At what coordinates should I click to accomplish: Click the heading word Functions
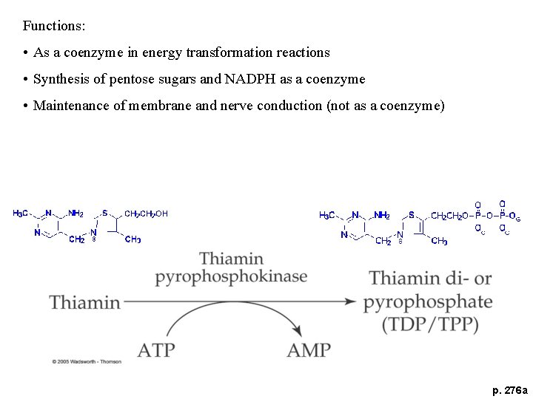tap(54, 26)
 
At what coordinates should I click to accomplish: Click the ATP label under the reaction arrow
tap(156, 349)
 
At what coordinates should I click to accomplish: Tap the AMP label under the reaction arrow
tap(309, 349)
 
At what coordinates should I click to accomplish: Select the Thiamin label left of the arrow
tap(84, 302)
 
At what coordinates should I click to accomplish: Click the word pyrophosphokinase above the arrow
tap(231, 277)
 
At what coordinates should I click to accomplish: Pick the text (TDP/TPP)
tap(430, 324)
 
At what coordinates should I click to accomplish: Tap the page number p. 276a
tap(510, 389)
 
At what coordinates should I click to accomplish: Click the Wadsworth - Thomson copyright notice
tap(87, 361)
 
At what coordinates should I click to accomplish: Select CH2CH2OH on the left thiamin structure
tap(146, 214)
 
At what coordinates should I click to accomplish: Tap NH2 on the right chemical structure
tap(382, 215)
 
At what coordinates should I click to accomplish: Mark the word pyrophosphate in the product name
tap(428, 301)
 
